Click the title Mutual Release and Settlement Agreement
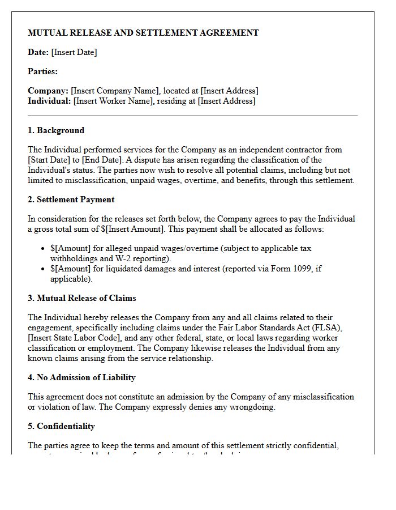click(143, 33)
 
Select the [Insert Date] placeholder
click(74, 52)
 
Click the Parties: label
click(43, 71)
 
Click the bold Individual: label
click(49, 101)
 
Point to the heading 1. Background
click(56, 130)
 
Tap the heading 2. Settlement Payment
click(71, 199)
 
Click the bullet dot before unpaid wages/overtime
click(44, 249)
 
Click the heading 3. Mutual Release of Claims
click(82, 298)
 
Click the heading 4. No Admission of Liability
click(81, 377)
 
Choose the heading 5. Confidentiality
click(62, 426)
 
